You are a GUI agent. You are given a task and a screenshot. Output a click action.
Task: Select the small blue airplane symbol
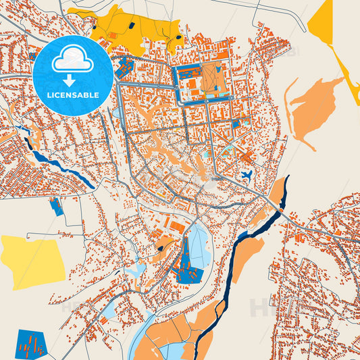(247, 176)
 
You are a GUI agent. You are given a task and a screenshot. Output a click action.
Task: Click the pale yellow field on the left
(30, 261)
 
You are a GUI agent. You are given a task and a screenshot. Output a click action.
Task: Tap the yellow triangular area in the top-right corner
(323, 24)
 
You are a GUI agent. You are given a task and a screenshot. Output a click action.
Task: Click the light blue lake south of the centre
(199, 247)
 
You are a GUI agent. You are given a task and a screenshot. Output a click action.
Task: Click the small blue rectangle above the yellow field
(57, 207)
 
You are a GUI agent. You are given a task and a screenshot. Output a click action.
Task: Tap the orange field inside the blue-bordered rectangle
(211, 80)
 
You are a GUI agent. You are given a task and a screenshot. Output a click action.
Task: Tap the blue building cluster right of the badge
(125, 68)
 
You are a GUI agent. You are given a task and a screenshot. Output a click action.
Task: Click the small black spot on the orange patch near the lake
(160, 248)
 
